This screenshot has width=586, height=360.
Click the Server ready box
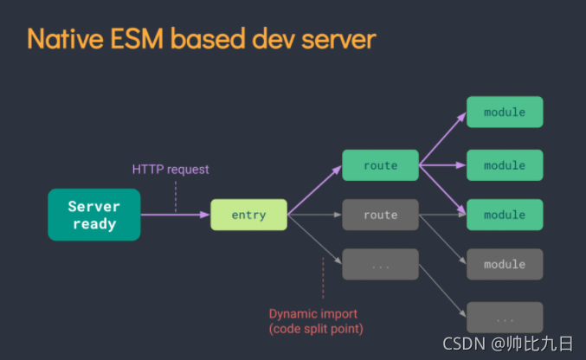[x=93, y=215]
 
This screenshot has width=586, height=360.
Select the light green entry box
[x=248, y=215]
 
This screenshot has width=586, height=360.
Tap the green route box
[x=380, y=165]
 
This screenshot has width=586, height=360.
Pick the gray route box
[x=380, y=215]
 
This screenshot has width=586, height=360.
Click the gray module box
[x=505, y=264]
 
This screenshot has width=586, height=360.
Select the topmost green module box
[x=505, y=112]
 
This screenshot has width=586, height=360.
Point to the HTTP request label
[x=171, y=170]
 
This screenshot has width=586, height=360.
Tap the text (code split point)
[x=316, y=329]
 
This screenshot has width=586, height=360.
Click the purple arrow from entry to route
[x=315, y=190]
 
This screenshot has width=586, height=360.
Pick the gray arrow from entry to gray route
[x=315, y=215]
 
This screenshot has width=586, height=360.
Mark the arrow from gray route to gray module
[x=441, y=238]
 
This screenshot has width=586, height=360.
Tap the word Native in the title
[x=67, y=39]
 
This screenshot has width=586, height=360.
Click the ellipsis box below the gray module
[x=505, y=318]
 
